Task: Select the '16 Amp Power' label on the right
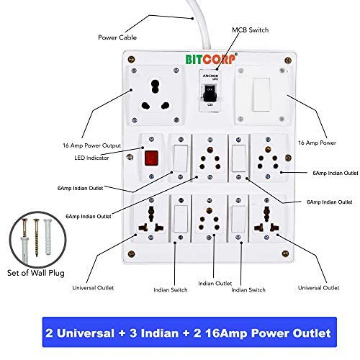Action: [316, 143]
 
